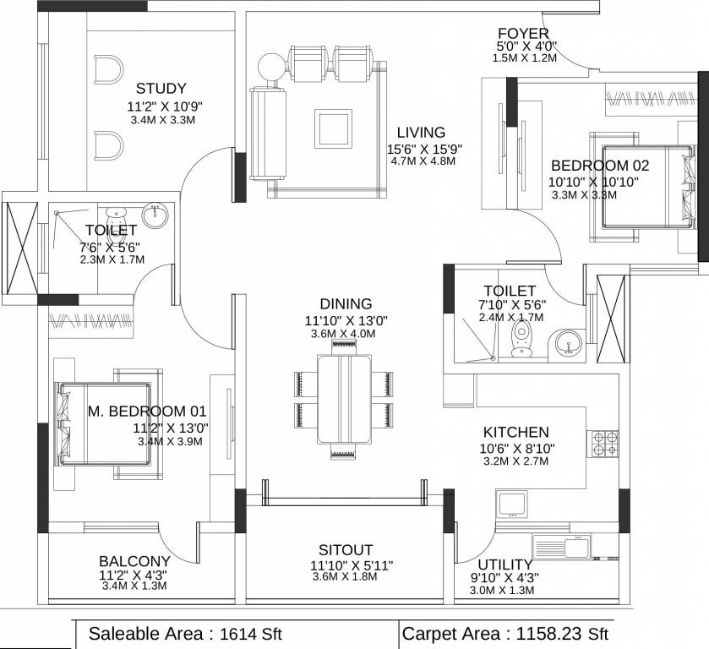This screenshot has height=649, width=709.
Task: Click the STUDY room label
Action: (x=161, y=89)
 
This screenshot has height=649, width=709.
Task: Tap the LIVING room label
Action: (x=421, y=133)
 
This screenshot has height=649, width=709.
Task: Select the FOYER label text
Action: (x=524, y=34)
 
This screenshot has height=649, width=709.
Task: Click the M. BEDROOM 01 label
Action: (x=148, y=412)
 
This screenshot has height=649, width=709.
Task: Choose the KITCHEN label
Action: (x=515, y=432)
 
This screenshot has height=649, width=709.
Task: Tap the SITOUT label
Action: (x=346, y=549)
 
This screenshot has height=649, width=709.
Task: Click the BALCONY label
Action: (x=134, y=561)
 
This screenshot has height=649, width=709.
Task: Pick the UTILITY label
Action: (x=504, y=564)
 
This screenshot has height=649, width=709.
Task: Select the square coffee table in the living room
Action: (x=331, y=129)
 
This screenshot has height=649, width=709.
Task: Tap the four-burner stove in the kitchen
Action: (x=604, y=444)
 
